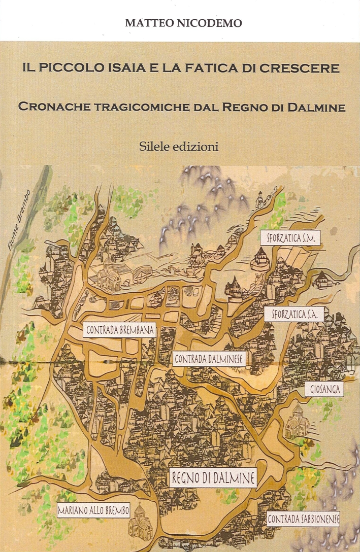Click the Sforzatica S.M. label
(290, 237)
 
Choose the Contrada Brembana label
(120, 330)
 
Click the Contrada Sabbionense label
(303, 519)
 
